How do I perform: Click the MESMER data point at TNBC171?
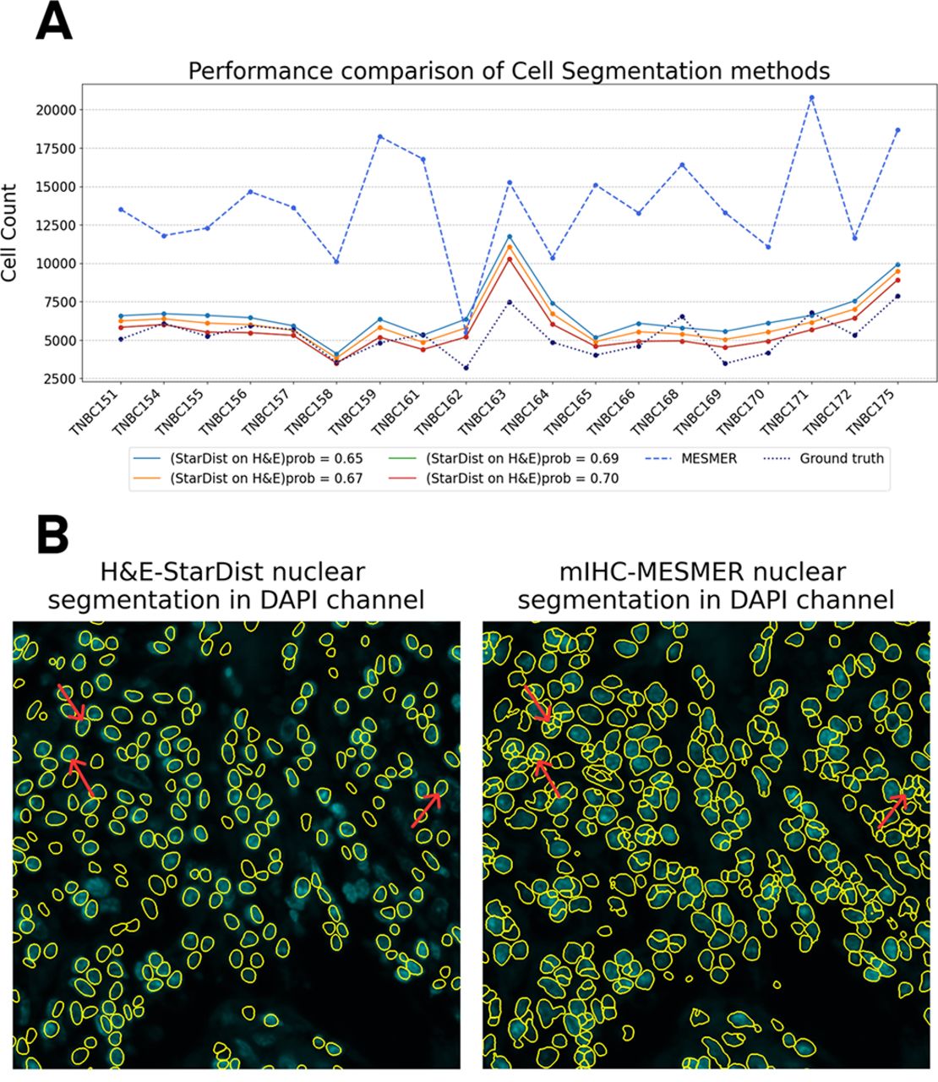pos(811,97)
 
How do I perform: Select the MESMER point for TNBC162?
pos(466,331)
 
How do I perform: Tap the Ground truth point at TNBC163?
pos(509,302)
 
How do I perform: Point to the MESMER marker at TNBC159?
pos(379,136)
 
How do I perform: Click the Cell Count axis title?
pos(11,232)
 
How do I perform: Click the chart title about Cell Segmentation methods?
pos(509,70)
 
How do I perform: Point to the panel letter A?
pos(53,23)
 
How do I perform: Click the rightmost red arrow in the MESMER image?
pos(892,810)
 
